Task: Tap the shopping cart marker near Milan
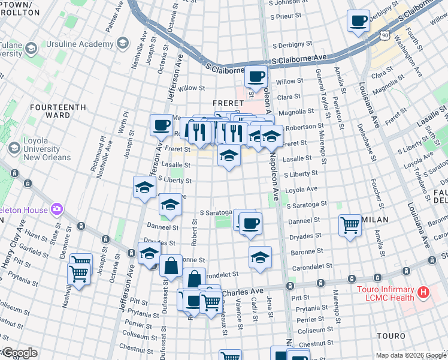(x=350, y=226)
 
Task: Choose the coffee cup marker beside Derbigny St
(x=358, y=21)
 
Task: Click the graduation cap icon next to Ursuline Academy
(x=122, y=43)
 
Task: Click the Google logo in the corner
(x=19, y=353)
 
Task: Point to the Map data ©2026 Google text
(x=411, y=355)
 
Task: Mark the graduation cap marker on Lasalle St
(x=229, y=157)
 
